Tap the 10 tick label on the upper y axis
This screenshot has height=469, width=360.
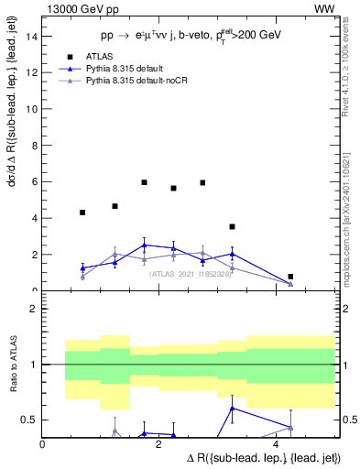pyautogui.click(x=33, y=109)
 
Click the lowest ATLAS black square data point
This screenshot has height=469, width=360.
pyautogui.click(x=290, y=277)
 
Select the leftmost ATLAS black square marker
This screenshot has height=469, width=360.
pyautogui.click(x=82, y=213)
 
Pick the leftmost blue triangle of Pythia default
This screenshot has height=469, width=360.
pyautogui.click(x=82, y=268)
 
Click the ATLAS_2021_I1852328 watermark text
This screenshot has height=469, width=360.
pyautogui.click(x=190, y=273)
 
